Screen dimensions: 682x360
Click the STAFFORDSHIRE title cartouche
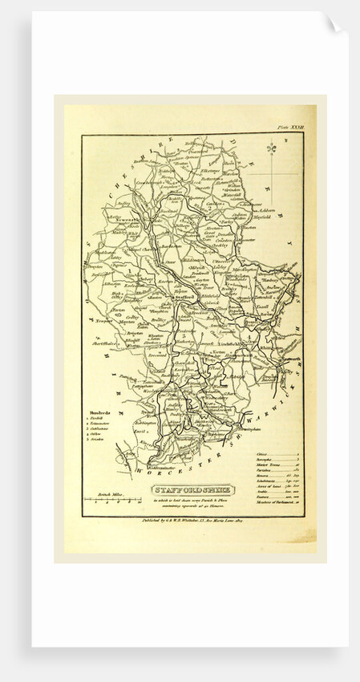coord(191,489)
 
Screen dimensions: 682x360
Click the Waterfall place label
coord(233,193)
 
